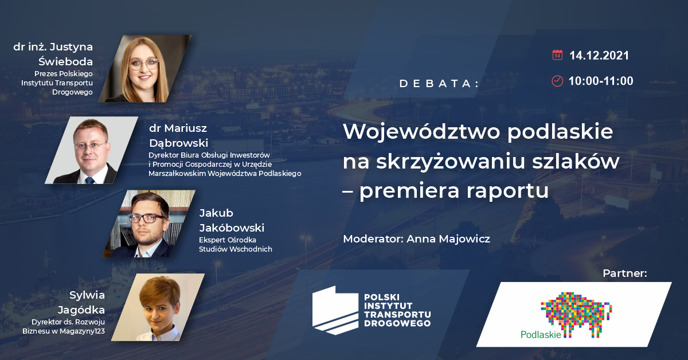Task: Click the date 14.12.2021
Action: click(599, 56)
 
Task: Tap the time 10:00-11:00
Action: click(601, 81)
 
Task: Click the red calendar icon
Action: click(557, 55)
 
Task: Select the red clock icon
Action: click(557, 81)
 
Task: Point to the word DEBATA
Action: click(437, 84)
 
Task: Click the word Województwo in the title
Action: click(422, 132)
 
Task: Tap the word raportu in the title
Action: click(507, 191)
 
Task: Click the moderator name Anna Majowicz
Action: click(448, 239)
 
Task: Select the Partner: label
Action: click(625, 273)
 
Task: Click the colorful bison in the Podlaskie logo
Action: click(576, 314)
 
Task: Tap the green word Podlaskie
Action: click(541, 335)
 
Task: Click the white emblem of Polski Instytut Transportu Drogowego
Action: click(335, 310)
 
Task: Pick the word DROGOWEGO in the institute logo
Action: click(397, 323)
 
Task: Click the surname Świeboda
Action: click(65, 62)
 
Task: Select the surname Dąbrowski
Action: click(178, 144)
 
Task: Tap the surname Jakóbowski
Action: click(232, 228)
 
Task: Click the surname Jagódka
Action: click(81, 310)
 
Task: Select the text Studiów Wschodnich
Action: click(235, 249)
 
